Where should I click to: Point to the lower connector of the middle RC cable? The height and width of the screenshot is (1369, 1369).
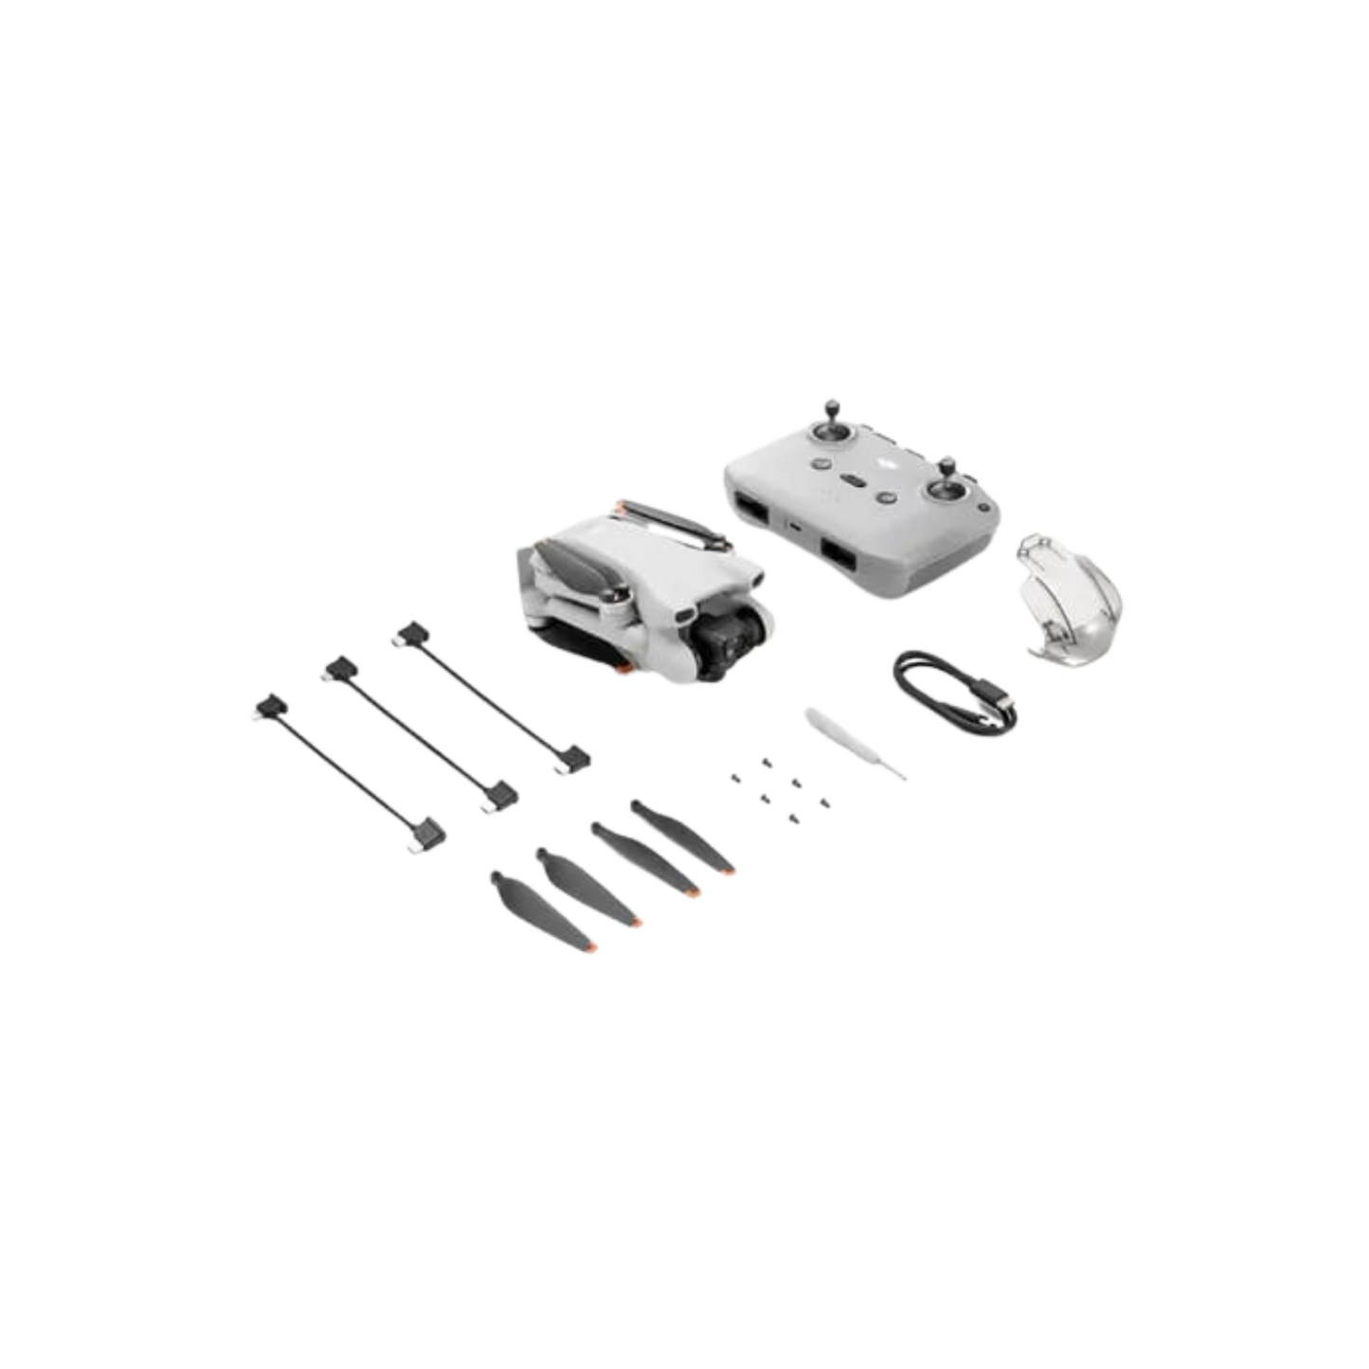pos(497,796)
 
